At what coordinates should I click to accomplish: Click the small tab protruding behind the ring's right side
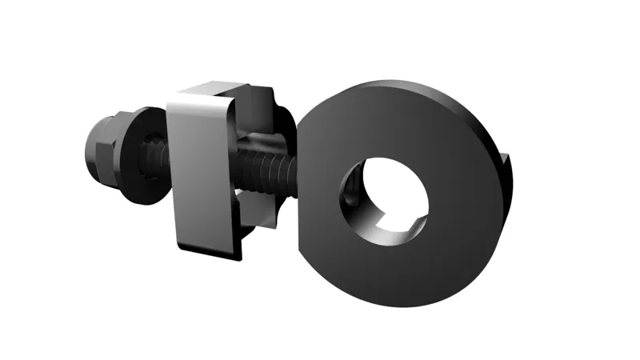[506, 168]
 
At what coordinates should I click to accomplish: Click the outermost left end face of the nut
[88, 149]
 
